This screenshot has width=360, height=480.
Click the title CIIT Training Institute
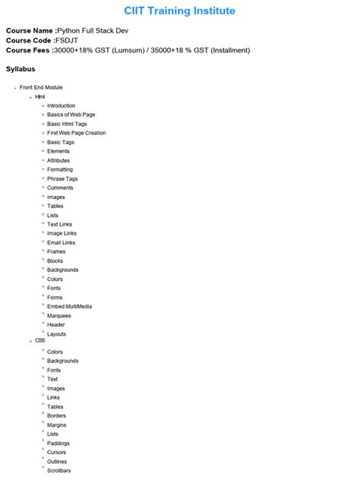[180, 11]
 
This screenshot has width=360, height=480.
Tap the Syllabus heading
[21, 69]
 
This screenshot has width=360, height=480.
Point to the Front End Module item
[41, 87]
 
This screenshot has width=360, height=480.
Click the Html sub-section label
[40, 96]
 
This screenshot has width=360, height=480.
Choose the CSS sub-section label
[40, 340]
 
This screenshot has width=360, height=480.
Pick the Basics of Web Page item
[71, 115]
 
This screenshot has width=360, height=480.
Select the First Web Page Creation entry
[76, 133]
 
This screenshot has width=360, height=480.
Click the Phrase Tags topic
[62, 178]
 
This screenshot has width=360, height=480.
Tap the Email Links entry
[61, 242]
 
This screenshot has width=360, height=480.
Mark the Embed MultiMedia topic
[69, 306]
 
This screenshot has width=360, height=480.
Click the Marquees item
[60, 315]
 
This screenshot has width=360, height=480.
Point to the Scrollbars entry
[58, 470]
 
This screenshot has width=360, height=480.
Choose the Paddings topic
[58, 443]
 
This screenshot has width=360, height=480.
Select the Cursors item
[57, 452]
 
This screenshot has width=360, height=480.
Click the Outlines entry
[57, 461]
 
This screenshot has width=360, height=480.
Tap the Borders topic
[56, 415]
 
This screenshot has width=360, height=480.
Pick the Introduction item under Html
[61, 106]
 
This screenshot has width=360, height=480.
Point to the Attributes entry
[58, 160]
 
